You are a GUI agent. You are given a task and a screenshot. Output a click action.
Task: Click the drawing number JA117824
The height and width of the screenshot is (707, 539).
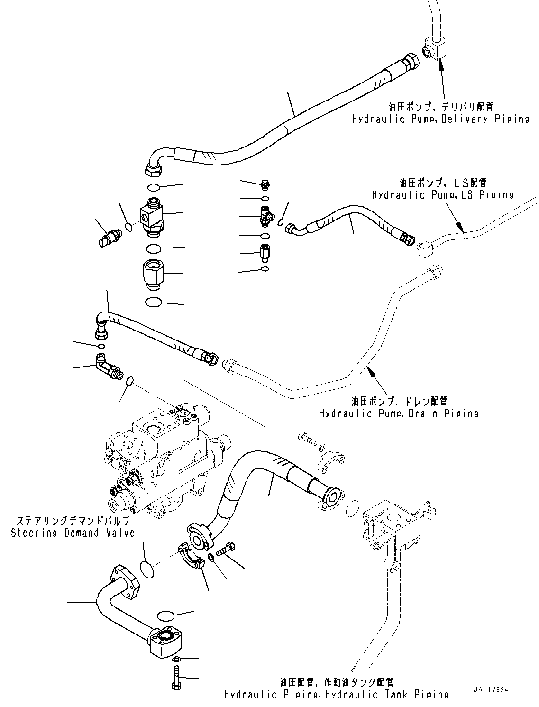(x=490, y=690)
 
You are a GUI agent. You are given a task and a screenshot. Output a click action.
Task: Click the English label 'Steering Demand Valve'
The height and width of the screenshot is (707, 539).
(x=73, y=533)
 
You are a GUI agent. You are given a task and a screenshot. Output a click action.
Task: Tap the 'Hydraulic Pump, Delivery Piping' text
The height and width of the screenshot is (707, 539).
(x=440, y=119)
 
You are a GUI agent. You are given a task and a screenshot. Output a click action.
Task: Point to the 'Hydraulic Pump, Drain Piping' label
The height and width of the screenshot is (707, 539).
(x=398, y=413)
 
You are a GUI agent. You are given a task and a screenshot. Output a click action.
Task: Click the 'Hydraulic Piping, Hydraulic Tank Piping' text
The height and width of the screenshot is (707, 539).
(x=336, y=695)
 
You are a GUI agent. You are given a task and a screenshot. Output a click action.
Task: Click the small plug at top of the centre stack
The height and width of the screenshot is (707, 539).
(x=265, y=183)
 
